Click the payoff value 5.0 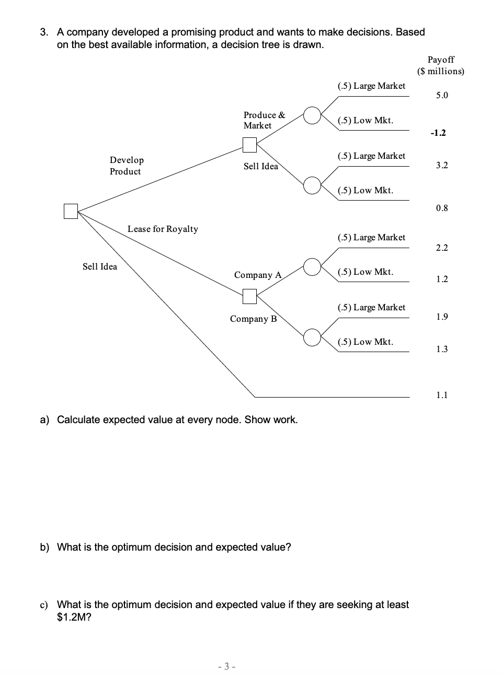pos(442,95)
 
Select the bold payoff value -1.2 pos(438,133)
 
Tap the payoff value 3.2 pos(442,165)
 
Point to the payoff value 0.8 pos(442,208)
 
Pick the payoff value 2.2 pos(442,248)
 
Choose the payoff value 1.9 pos(442,317)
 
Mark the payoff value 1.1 pos(442,395)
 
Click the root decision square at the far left pos(71,211)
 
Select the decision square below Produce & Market pos(250,144)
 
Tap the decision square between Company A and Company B pos(250,297)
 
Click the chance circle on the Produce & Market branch pos(312,115)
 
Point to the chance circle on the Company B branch pos(312,337)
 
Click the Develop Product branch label pos(127,166)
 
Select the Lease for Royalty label pos(163,229)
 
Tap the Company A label pos(258,275)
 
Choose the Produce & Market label pos(264,120)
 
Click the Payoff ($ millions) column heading pos(440,65)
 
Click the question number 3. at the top pos(45,32)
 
